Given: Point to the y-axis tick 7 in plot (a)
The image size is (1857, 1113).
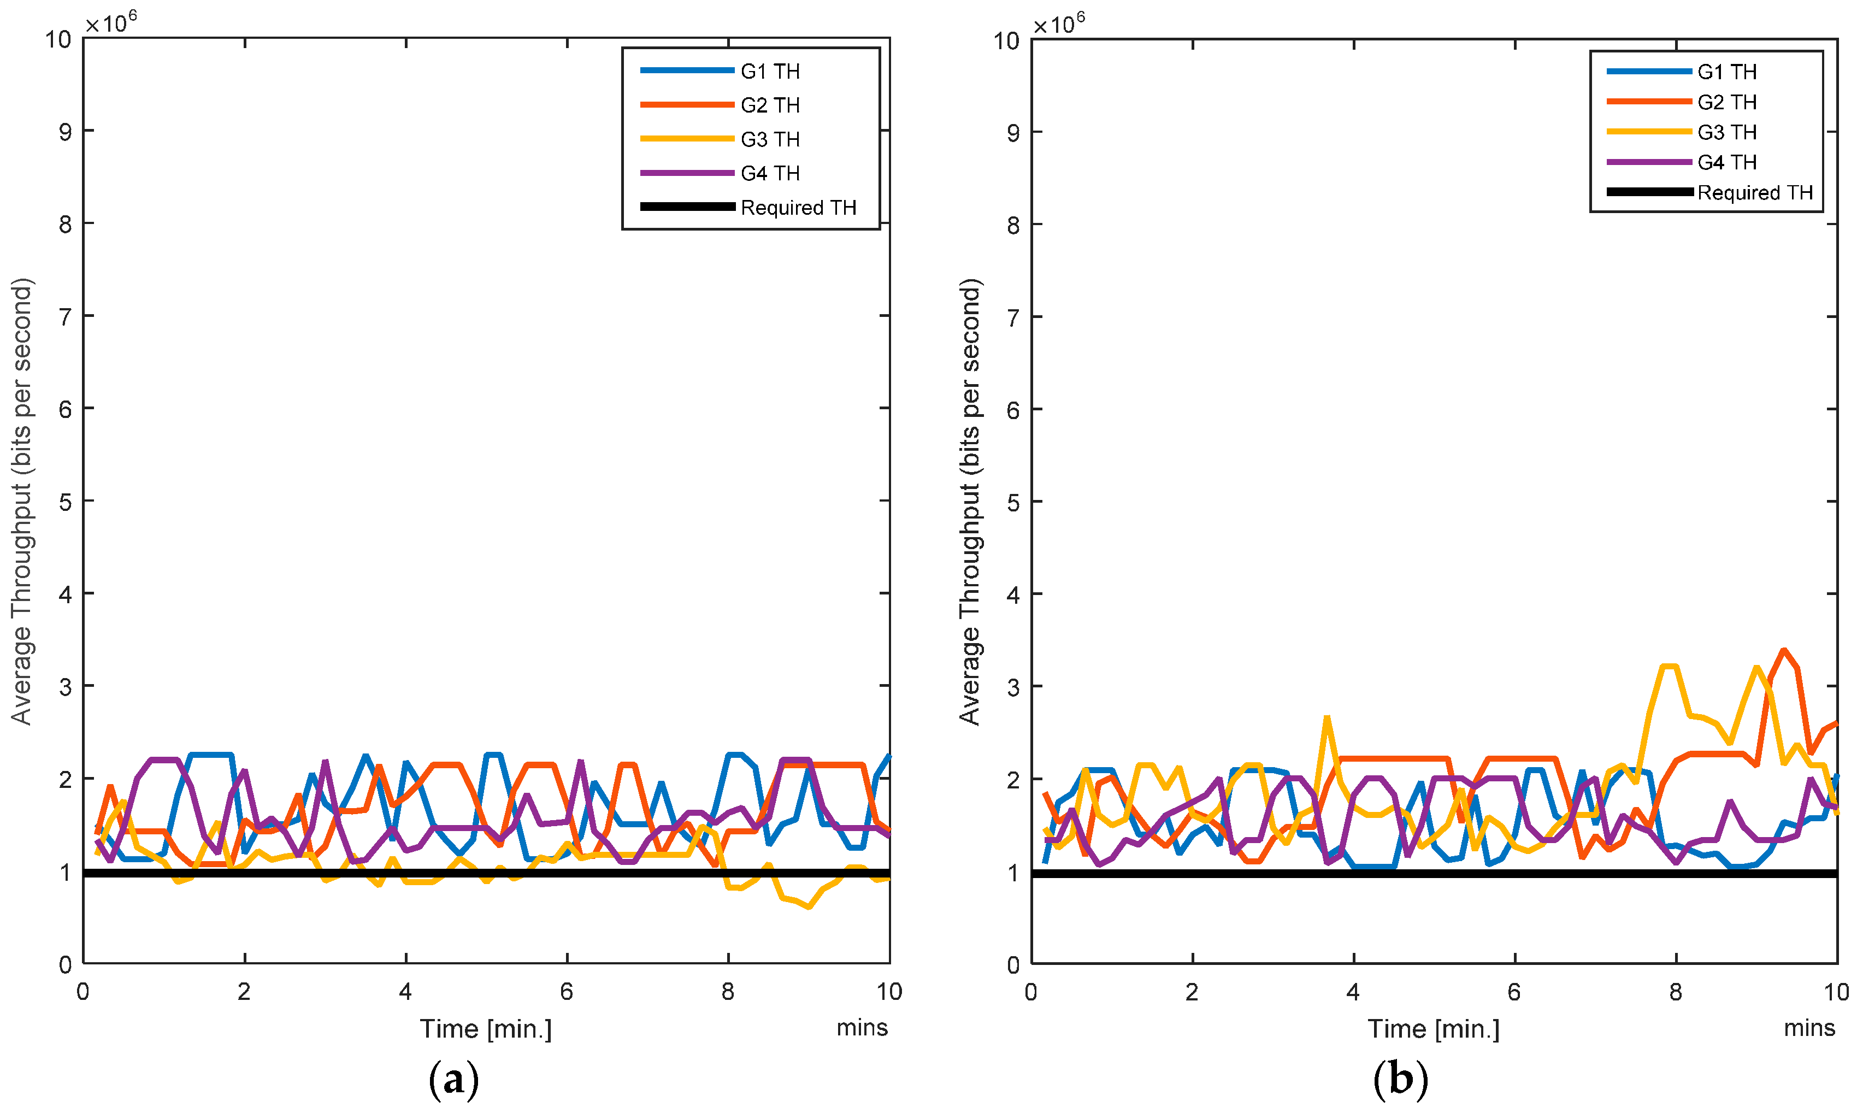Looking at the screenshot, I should point(66,316).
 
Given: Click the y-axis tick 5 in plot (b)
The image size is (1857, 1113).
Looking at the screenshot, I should point(1013,502).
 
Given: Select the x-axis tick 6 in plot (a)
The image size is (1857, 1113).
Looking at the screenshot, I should point(566,992).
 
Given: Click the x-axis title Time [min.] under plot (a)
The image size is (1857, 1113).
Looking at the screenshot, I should point(485,1028).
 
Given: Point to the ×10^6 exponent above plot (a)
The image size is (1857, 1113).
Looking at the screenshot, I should point(111,22).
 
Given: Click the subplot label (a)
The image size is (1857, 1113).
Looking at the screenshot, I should point(453,1080).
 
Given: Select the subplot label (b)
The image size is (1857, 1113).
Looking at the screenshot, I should point(1400,1080).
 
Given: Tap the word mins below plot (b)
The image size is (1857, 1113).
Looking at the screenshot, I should point(1808,1028).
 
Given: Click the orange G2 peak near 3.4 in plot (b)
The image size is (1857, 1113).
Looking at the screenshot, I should point(1784,650).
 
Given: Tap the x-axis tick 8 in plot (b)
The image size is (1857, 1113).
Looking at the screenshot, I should point(1675,992).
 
